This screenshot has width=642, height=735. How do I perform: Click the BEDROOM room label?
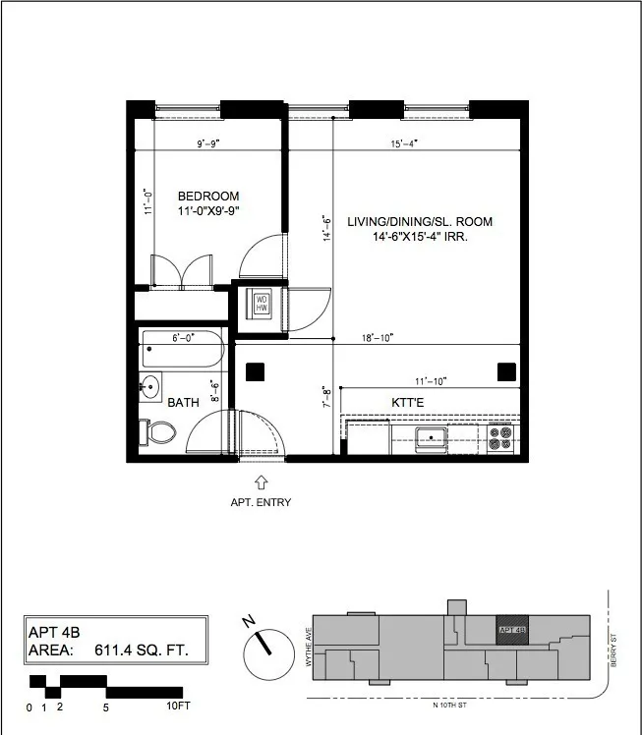pos(207,197)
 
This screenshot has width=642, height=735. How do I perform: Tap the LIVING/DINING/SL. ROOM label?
pos(420,222)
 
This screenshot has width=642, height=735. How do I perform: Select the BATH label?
pos(184,403)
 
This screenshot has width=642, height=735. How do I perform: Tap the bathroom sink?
pos(150,386)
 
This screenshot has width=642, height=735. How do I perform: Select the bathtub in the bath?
pos(184,349)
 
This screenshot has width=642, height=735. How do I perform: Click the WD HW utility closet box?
pos(263,303)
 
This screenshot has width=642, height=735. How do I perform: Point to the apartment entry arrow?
pos(262,481)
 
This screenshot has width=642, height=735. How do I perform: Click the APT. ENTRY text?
pos(262,502)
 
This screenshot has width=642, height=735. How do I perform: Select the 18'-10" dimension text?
pos(377,337)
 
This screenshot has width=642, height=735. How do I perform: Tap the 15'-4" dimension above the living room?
pos(404,143)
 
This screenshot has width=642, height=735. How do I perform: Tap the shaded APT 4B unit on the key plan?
pos(512,630)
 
